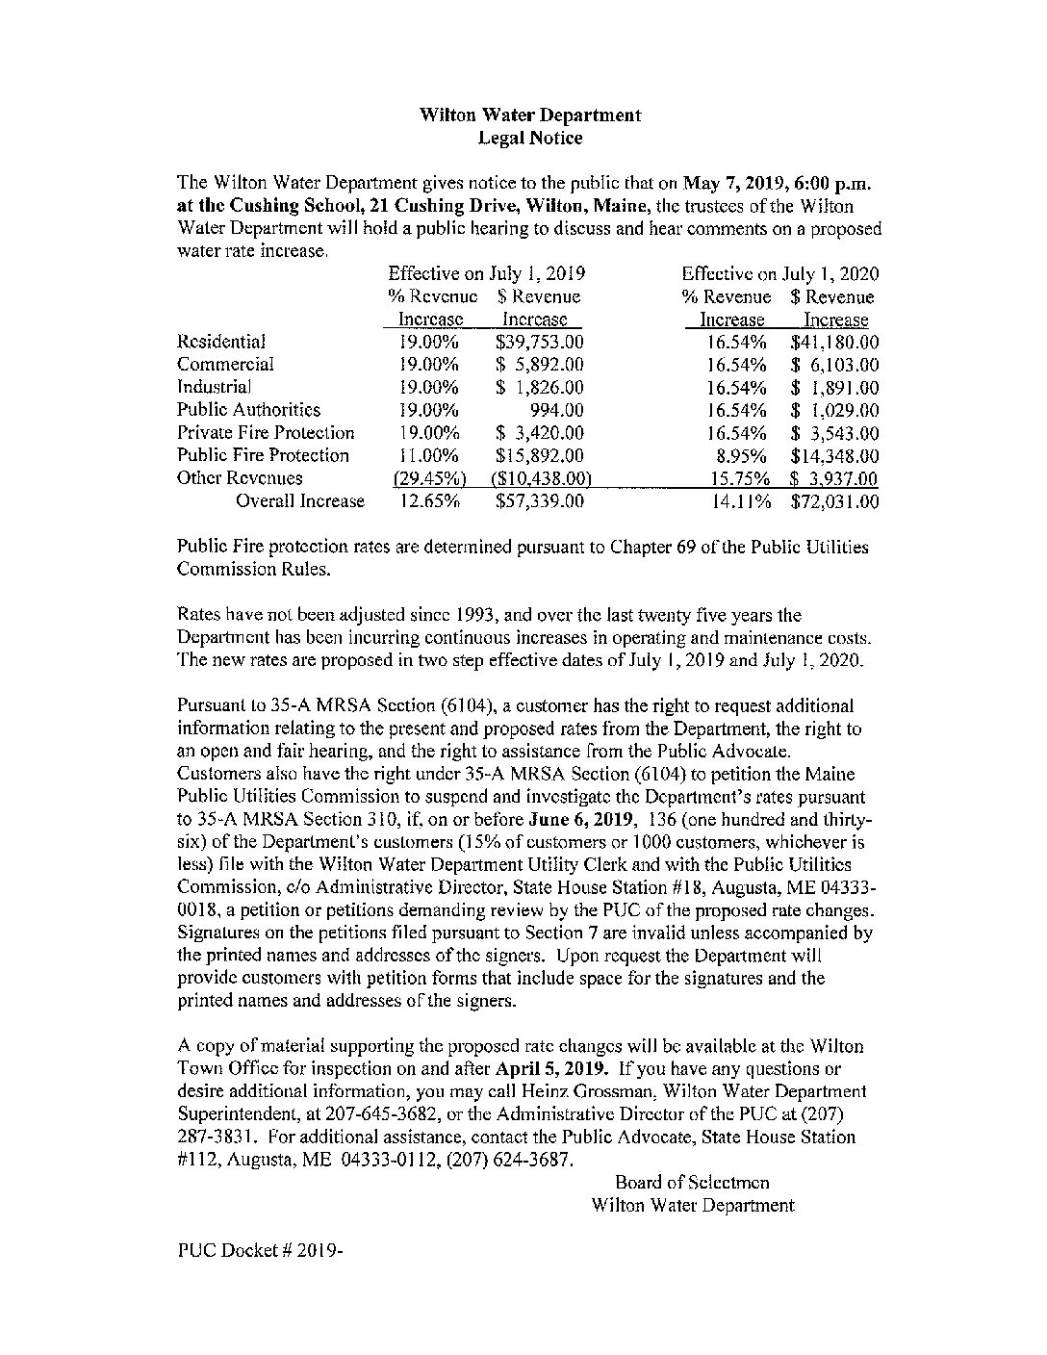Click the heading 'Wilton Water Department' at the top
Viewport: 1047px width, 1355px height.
529,115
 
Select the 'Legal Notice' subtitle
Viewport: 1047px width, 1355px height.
529,138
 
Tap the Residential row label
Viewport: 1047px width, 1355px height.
221,342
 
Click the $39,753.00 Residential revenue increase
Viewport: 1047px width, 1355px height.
539,342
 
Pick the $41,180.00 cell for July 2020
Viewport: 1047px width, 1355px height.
833,342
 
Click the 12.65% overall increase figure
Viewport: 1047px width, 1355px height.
429,501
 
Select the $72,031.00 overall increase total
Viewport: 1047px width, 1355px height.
833,501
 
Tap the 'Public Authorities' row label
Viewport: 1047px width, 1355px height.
248,410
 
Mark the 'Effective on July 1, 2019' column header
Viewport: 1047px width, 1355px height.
487,274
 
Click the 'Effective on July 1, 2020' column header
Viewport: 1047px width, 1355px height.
779,274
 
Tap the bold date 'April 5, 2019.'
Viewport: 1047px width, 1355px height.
551,1068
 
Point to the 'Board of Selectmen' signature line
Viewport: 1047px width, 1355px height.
692,1182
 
